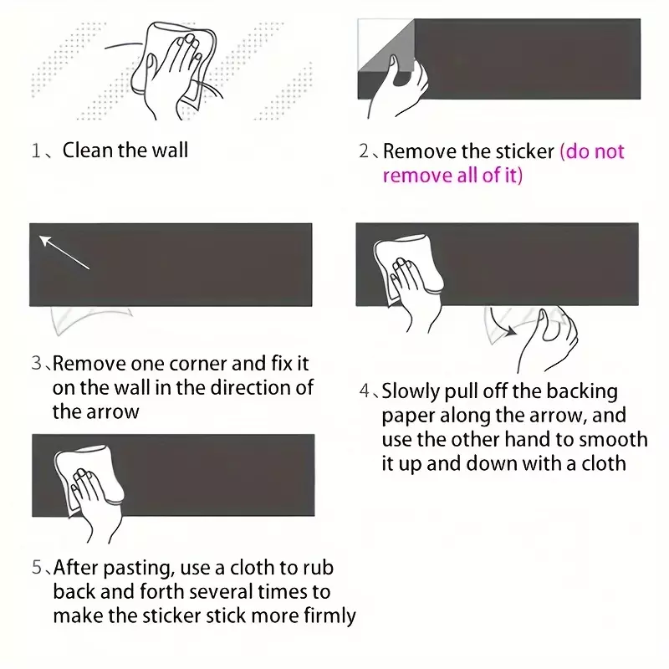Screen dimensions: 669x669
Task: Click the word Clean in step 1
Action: tap(88, 151)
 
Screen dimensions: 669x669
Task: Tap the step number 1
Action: tap(36, 151)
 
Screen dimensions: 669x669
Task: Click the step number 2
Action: tap(364, 151)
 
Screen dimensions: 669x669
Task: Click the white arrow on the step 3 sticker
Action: tap(64, 253)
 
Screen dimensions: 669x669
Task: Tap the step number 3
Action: tap(36, 363)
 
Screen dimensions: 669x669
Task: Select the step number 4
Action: tap(364, 391)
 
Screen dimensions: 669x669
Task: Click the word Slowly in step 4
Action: tap(410, 391)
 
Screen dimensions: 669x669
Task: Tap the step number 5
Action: tap(37, 568)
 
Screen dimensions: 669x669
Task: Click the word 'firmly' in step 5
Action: tap(329, 616)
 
